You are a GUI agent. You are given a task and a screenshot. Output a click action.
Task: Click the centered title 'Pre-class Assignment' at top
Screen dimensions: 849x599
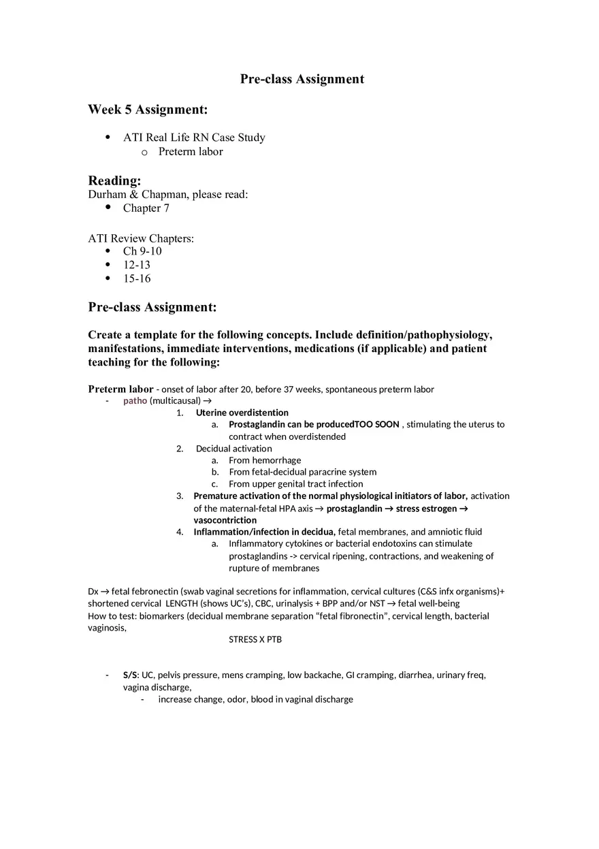tap(302, 79)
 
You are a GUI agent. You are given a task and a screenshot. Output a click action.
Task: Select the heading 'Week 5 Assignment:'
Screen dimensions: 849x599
tap(148, 110)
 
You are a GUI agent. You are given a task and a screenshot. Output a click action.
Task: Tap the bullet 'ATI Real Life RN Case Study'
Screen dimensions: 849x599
tap(194, 138)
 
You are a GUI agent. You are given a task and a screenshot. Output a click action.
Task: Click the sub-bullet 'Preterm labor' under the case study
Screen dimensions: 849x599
tap(191, 152)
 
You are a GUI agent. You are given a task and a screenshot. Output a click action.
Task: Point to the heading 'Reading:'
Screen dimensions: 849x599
tap(114, 180)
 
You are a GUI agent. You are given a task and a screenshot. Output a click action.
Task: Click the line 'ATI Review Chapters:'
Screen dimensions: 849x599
tap(141, 238)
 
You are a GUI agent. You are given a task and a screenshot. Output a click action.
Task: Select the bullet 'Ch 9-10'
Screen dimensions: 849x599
tap(142, 251)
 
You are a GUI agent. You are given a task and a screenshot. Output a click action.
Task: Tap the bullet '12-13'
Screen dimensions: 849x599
tap(137, 265)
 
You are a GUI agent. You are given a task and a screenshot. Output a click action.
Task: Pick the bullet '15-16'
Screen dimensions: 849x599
tap(137, 278)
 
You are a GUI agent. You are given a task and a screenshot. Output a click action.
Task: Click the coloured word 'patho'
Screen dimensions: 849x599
tap(135, 401)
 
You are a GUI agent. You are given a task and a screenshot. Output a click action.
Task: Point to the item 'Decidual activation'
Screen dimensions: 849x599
tap(233, 449)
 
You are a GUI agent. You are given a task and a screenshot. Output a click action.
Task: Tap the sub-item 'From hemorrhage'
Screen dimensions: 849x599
tap(265, 460)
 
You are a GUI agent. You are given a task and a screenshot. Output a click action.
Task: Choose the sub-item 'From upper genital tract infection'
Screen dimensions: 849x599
tap(295, 484)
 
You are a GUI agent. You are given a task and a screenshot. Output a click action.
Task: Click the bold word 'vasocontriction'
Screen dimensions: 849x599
tap(225, 520)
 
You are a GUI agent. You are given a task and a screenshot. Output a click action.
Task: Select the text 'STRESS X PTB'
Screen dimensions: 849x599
tap(255, 640)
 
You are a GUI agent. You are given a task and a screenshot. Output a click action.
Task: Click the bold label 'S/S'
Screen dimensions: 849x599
tap(129, 675)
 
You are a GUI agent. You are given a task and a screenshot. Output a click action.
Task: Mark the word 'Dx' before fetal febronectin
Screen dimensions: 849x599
tap(93, 592)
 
